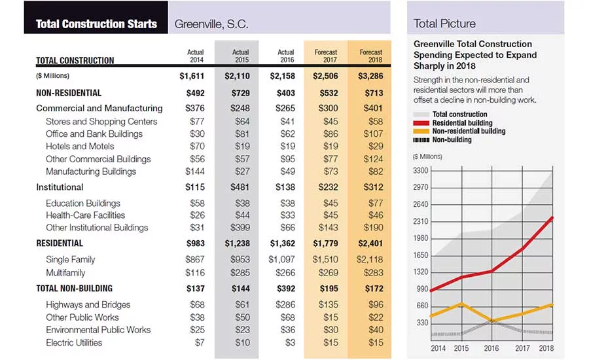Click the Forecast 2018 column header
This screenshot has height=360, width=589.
(371, 56)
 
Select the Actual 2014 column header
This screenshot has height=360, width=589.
(195, 56)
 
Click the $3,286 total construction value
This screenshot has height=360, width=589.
(370, 76)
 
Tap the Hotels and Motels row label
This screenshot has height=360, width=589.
(80, 146)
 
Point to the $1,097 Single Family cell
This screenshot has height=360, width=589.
(281, 259)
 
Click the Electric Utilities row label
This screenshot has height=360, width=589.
(74, 342)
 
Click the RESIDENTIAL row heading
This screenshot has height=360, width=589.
(60, 243)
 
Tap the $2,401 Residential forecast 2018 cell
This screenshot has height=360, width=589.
(370, 243)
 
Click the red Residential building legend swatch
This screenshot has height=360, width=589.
(421, 123)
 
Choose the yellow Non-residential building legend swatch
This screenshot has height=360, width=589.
(421, 131)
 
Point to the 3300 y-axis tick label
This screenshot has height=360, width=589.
(421, 171)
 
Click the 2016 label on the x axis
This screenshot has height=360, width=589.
(491, 348)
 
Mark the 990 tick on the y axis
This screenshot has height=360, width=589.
(422, 289)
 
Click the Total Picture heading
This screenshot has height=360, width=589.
(444, 24)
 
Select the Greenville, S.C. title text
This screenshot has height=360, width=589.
(211, 24)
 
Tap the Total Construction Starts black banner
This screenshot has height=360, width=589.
(96, 17)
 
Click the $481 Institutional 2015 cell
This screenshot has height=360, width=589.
(240, 187)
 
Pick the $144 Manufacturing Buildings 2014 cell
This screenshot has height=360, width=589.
(195, 171)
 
